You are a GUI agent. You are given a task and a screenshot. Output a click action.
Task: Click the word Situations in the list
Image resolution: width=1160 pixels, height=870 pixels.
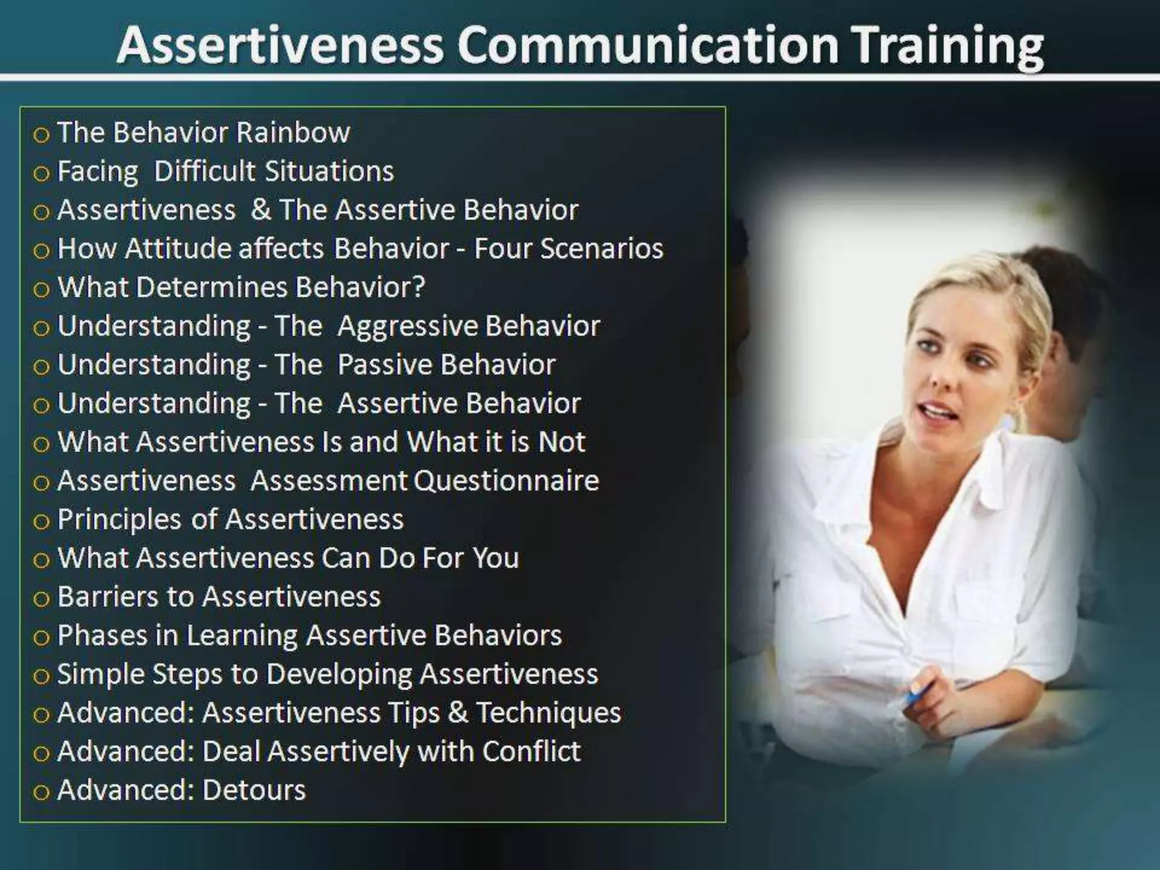pos(329,171)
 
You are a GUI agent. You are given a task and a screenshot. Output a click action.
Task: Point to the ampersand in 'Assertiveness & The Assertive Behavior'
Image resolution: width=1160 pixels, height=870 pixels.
pos(261,210)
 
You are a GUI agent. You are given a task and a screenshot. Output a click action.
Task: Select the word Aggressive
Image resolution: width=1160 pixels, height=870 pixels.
pos(407,327)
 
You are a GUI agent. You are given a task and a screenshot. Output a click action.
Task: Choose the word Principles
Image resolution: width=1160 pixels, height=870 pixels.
pos(119,520)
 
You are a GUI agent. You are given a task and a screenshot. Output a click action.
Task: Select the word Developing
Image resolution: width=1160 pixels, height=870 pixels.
pos(339,675)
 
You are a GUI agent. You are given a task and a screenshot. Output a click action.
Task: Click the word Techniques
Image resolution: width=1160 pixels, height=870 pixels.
pos(548,713)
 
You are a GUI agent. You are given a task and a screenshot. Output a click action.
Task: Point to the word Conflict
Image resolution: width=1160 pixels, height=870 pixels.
pos(531,752)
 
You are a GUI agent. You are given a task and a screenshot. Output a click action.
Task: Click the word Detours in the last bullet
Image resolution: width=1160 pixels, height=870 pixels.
pos(253,790)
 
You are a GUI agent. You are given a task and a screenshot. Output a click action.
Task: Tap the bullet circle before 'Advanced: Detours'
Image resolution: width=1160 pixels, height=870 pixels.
pos(41,792)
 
